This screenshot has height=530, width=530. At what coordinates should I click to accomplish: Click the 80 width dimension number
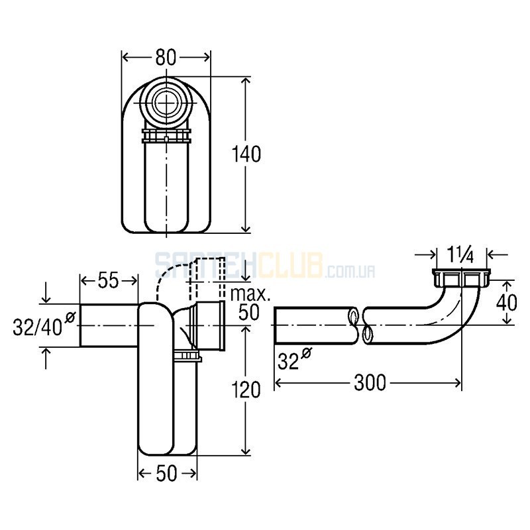pyautogui.click(x=166, y=58)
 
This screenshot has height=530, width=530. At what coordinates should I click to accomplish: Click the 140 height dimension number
pyautogui.click(x=246, y=154)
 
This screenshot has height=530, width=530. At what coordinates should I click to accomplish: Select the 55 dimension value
pyautogui.click(x=109, y=280)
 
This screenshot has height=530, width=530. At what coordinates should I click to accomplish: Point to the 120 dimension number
pyautogui.click(x=246, y=390)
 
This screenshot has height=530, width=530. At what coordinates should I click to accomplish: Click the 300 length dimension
pyautogui.click(x=370, y=383)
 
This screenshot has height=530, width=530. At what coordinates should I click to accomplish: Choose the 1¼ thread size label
pyautogui.click(x=460, y=256)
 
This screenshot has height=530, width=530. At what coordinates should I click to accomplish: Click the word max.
pyautogui.click(x=250, y=294)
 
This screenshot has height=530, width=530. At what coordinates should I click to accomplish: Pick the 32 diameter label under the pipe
pyautogui.click(x=293, y=360)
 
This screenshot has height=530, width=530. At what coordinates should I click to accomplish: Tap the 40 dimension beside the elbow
pyautogui.click(x=506, y=303)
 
